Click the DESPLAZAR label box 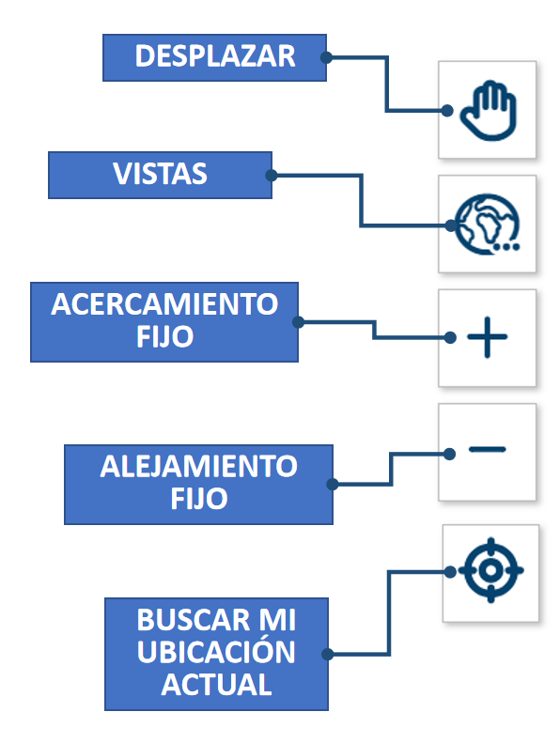pos(214,57)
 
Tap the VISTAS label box pos(160,175)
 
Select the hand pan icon pos(489,111)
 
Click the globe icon pos(487,224)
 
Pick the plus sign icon pos(487,337)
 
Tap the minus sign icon pos(487,449)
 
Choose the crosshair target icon pos(490,570)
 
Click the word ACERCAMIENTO pos(164,304)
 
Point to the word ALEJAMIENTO pos(198,466)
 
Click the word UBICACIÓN pos(216,652)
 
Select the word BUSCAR pos(193,620)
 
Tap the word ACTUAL pos(216,685)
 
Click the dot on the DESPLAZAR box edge pos(326,57)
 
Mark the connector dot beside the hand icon pos(446,111)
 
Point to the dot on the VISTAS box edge pos(272,176)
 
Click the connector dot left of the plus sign pos(450,337)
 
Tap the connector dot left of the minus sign pos(449,454)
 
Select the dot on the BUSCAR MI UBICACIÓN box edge pos(328,655)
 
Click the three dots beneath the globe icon pos(506,247)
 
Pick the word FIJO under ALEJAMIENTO pos(198,499)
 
